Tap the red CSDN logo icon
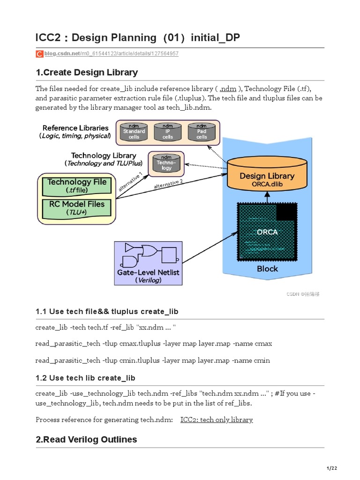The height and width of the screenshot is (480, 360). [39, 54]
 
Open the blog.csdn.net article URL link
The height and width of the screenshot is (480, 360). [111, 54]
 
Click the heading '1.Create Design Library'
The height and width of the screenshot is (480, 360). [87, 73]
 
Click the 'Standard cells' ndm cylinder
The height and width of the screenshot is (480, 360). [134, 132]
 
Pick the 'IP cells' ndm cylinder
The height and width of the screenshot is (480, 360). [167, 132]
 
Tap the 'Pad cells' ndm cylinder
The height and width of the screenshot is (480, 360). [202, 132]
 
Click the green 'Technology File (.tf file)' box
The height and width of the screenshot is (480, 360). [77, 186]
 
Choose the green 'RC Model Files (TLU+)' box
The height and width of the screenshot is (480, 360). [77, 208]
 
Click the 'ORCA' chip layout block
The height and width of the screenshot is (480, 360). [267, 232]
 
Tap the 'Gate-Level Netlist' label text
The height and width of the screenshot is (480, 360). [148, 272]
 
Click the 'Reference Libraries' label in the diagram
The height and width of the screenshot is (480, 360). [75, 128]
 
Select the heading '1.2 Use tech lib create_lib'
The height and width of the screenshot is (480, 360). [85, 378]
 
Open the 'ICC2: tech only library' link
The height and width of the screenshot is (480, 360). [217, 420]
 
